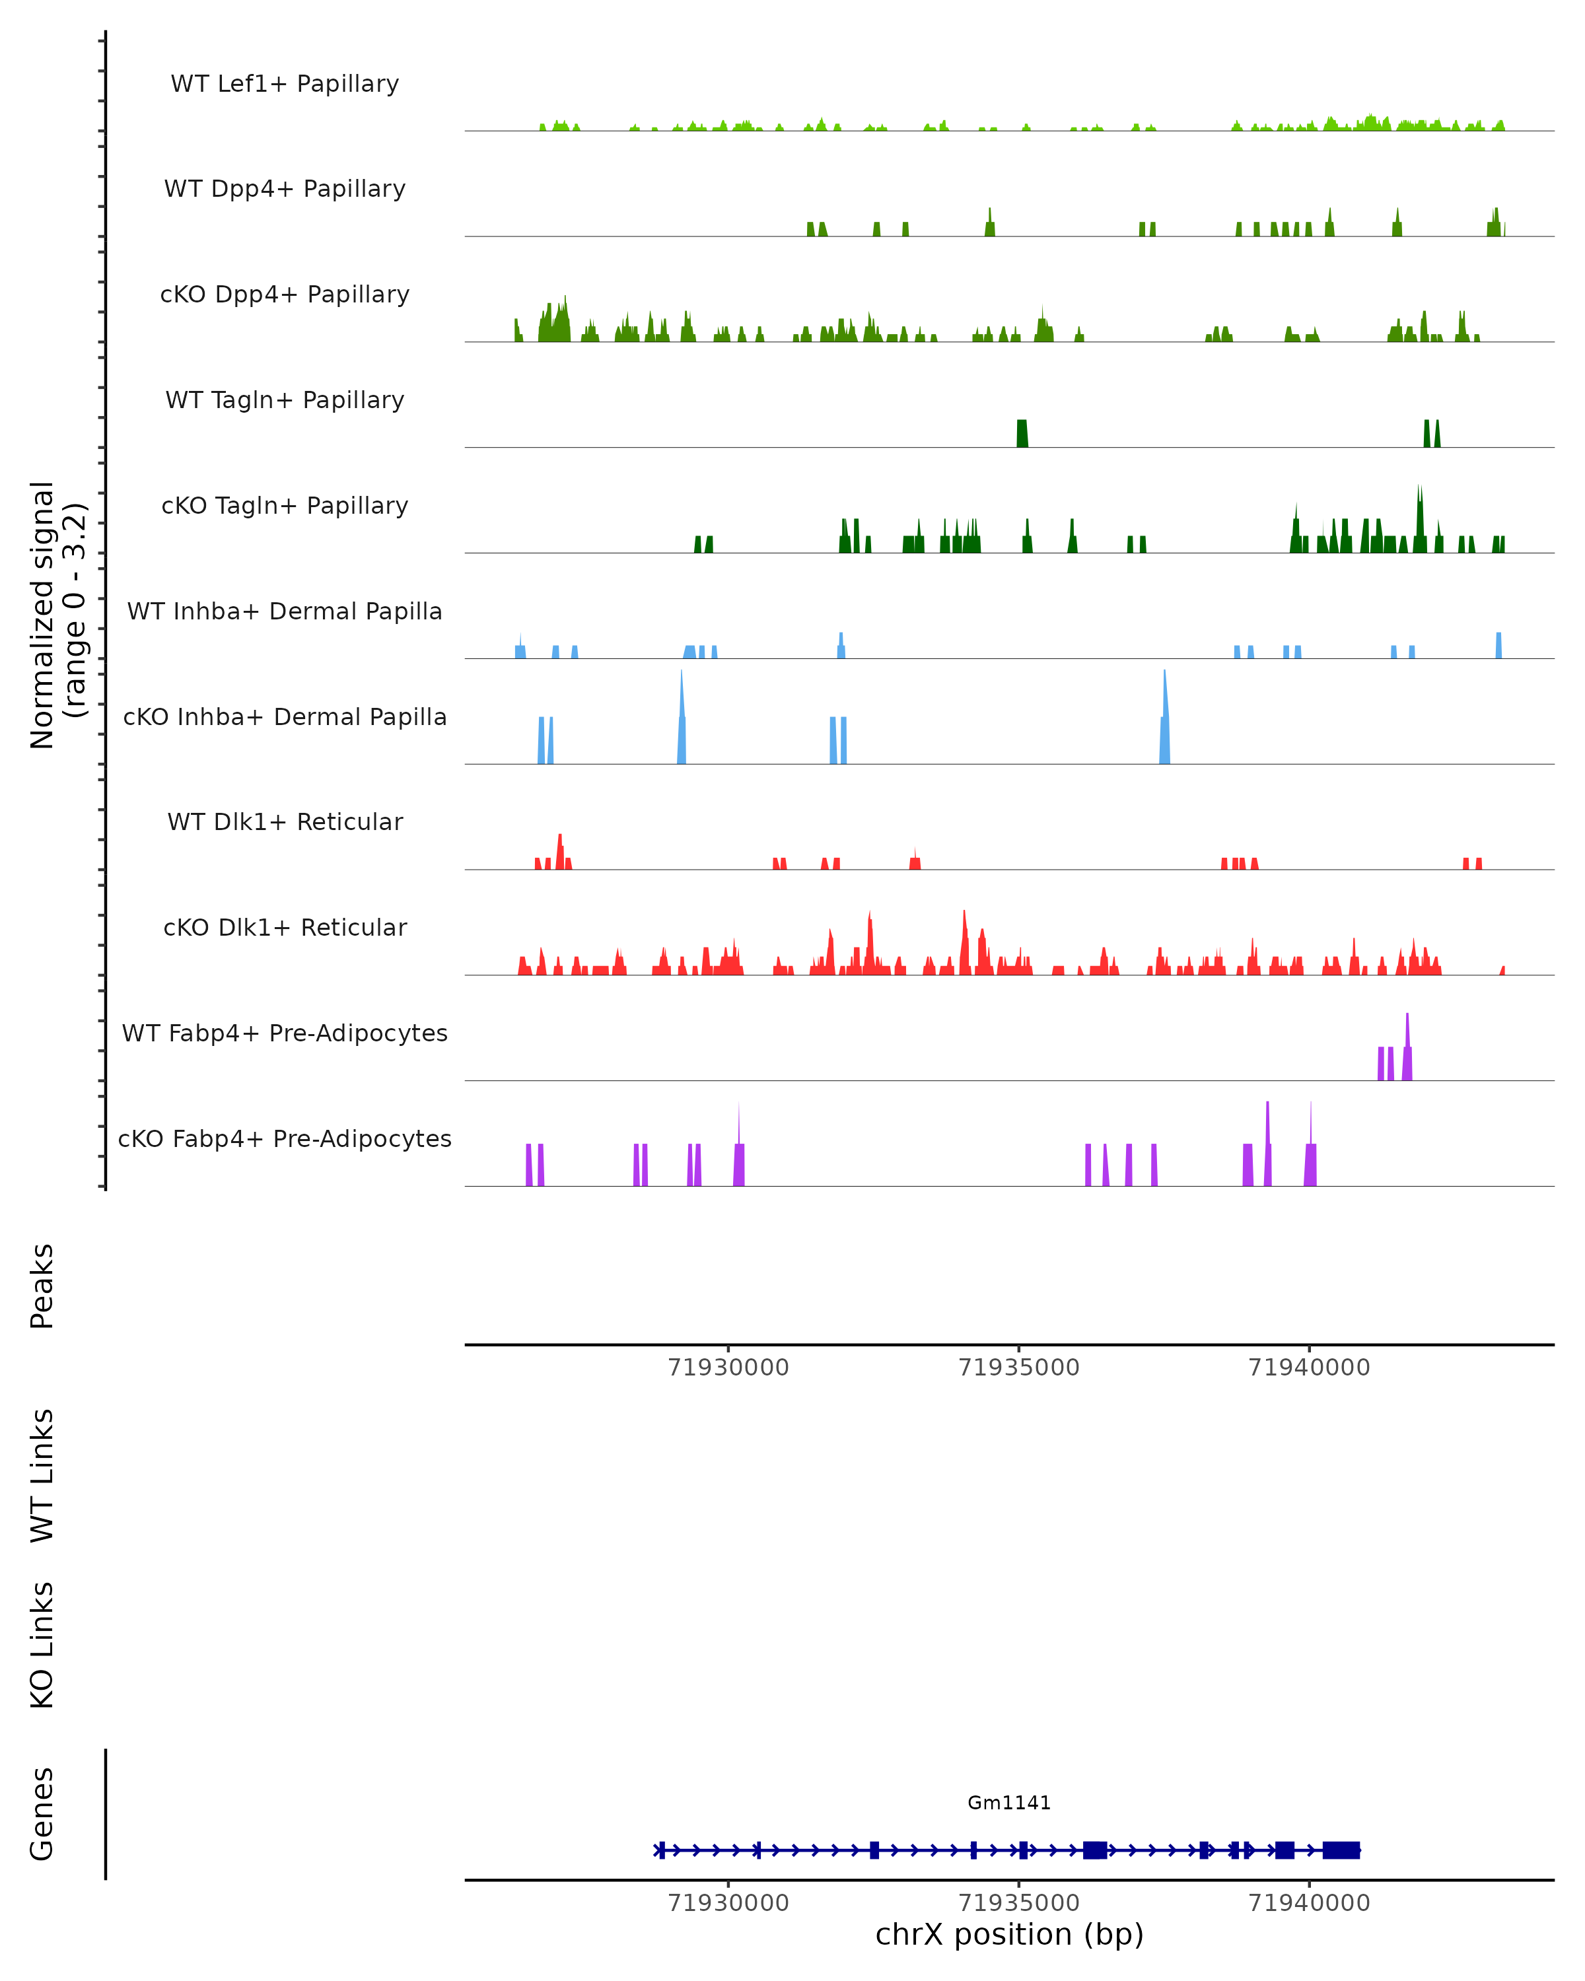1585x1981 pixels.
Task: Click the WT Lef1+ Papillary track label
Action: [285, 84]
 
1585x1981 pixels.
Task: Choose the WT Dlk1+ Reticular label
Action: [285, 821]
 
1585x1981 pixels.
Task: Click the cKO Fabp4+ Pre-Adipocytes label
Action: [285, 1138]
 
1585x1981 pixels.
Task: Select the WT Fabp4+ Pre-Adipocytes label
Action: [285, 1033]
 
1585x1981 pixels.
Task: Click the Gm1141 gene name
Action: [1009, 1803]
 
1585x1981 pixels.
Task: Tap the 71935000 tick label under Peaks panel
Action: [1019, 1368]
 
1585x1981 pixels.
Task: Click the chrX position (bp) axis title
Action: [1009, 1935]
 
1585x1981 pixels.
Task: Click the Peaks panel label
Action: [42, 1286]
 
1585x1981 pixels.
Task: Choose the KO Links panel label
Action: [42, 1645]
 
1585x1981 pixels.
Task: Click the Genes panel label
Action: [42, 1814]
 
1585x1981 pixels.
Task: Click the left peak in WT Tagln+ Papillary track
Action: [1022, 434]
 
